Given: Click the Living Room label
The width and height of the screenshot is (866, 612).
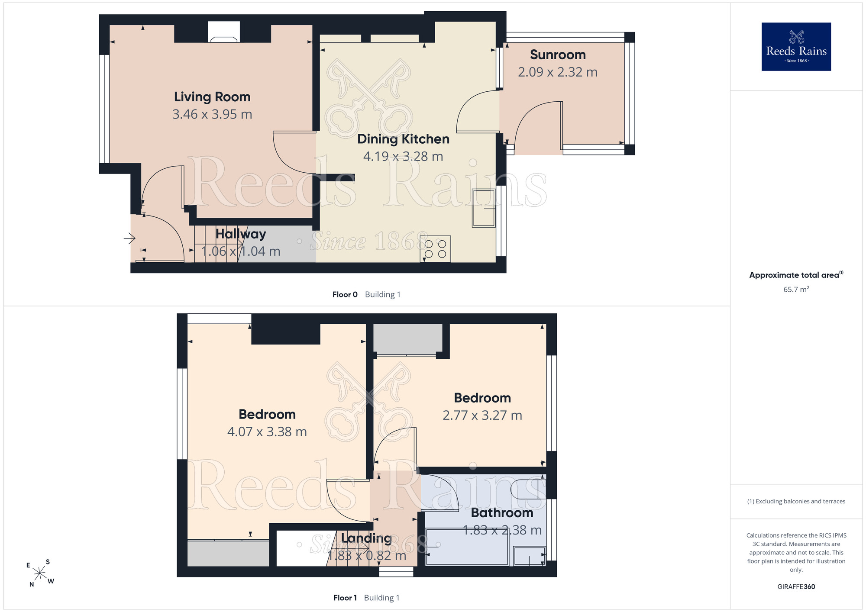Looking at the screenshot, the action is (x=212, y=97).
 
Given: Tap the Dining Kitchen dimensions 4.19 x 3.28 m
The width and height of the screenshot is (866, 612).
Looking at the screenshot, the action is (x=403, y=156).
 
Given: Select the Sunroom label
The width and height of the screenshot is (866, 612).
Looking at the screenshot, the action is (x=558, y=55).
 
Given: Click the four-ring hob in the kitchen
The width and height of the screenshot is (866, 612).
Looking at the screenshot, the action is (x=435, y=249).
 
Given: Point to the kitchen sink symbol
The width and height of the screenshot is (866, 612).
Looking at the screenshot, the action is (x=484, y=208).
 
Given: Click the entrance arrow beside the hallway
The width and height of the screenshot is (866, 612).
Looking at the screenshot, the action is (x=129, y=238).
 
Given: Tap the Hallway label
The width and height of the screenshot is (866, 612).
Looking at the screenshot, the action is (x=241, y=234).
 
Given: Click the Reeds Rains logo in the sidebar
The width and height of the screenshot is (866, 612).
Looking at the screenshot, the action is (x=796, y=47).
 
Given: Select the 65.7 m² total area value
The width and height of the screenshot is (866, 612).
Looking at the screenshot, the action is (x=796, y=290).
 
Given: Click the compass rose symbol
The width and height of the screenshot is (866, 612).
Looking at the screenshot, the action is (x=40, y=573).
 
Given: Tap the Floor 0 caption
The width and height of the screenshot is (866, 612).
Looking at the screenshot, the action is (x=345, y=295).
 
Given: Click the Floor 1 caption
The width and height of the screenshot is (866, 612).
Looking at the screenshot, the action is (x=345, y=598).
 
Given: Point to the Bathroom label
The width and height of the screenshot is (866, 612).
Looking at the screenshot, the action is (x=502, y=513).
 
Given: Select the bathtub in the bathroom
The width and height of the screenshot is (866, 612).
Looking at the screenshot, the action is (x=467, y=547).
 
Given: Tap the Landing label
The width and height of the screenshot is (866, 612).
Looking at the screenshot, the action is (x=366, y=538).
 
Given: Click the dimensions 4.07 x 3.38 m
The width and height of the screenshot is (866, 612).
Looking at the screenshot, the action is (x=267, y=432).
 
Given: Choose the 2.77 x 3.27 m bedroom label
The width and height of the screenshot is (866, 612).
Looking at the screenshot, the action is (x=482, y=416).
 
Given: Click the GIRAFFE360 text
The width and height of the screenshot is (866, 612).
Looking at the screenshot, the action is (x=796, y=587).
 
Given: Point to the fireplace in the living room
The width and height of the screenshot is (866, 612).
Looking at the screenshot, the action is (x=224, y=32).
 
